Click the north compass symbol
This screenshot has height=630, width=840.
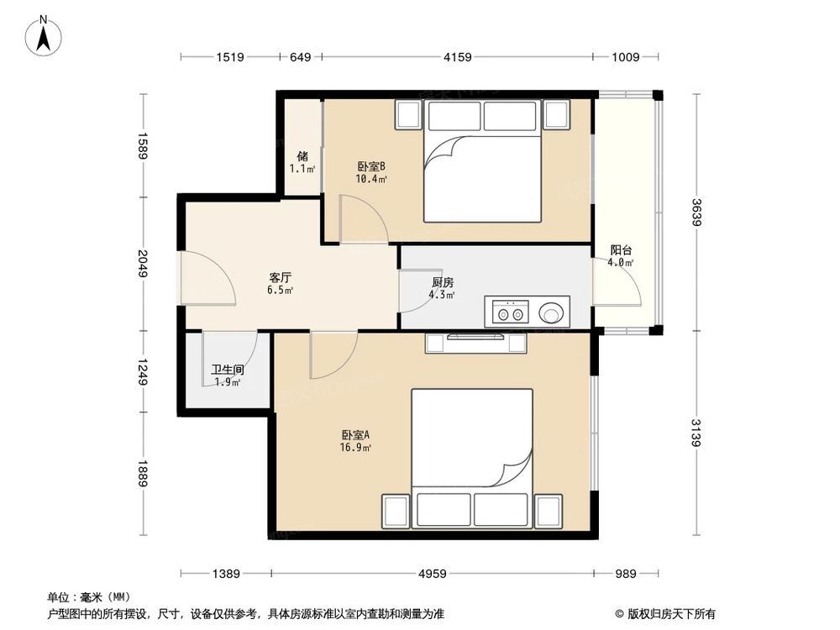44,35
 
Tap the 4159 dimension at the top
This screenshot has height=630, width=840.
458,57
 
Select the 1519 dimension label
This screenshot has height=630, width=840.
230,57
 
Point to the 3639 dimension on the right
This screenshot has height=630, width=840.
696,213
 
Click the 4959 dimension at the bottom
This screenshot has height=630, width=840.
433,574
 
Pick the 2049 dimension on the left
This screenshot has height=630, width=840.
143,263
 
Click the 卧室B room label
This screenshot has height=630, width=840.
371,166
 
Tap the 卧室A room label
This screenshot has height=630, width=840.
355,435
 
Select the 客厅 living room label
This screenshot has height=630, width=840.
281,277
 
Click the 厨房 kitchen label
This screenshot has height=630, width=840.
443,282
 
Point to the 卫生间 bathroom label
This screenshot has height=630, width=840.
228,370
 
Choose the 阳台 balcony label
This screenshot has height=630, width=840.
621,249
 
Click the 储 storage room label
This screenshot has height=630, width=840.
302,156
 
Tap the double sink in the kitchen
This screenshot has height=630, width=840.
510,312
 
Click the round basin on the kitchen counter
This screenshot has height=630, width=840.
551,312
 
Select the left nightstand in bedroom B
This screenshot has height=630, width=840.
408,114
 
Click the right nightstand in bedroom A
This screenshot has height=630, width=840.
549,512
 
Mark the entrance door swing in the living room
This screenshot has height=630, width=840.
207,278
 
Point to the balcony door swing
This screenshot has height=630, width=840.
617,282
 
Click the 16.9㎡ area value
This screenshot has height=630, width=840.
355,448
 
